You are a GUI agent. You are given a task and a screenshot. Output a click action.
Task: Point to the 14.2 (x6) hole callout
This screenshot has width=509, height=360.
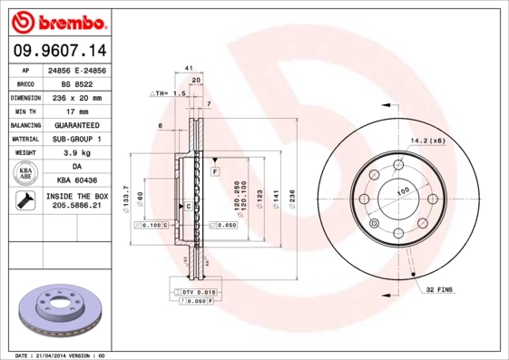428,141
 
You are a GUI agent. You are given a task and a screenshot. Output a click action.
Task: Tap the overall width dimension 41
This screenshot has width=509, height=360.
188,69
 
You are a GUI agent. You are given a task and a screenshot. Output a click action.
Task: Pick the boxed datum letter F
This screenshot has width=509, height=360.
215,170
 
